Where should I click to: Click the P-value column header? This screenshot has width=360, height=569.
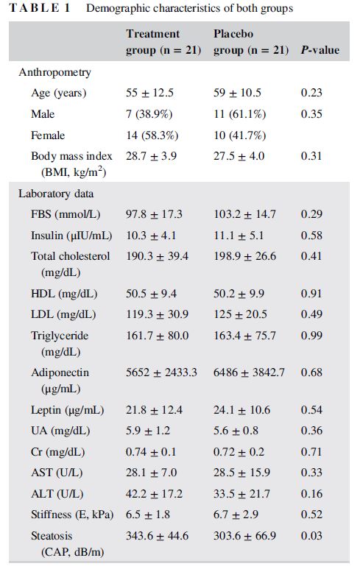coord(320,50)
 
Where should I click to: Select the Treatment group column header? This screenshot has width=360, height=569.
coord(163,42)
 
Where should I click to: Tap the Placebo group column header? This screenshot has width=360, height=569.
coord(251,42)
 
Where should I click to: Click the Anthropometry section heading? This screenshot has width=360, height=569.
coord(54,72)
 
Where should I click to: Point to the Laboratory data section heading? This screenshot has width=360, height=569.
coord(56,194)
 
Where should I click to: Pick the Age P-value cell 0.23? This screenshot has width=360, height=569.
coord(311,93)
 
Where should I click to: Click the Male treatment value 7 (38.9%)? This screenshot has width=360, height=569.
coord(149,114)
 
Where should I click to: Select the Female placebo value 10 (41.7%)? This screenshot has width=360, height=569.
coord(239,135)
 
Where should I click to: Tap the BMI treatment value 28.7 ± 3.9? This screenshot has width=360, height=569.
coord(152,156)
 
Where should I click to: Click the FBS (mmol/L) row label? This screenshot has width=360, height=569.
coord(66,214)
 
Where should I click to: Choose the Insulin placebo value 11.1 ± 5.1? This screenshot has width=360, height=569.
coord(239,236)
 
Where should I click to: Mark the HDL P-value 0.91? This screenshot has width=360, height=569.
coord(311,293)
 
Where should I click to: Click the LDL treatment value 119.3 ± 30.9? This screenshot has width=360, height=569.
coord(157,314)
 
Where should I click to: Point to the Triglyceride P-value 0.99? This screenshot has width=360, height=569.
coord(311,336)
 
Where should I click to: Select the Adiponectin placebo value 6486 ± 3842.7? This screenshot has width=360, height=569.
coord(249,372)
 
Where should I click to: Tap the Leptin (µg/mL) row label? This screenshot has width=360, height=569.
coord(68,410)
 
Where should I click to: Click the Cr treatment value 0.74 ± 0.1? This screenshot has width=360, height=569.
coord(151,452)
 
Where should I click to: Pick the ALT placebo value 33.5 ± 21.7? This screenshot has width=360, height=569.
coord(241,494)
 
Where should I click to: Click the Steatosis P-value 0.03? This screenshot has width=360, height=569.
coord(311,536)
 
